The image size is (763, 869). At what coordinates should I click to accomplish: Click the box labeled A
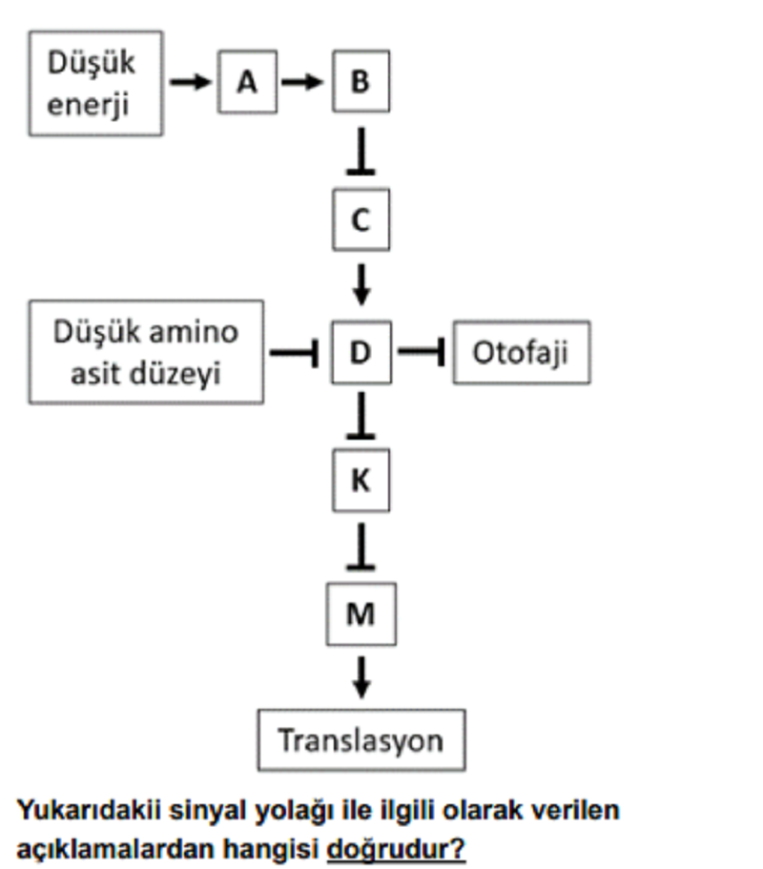click(248, 81)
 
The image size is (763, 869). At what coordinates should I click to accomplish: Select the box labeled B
click(361, 81)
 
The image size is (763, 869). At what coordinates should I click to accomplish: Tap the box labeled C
click(361, 219)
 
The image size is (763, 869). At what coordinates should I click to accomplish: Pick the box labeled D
click(361, 352)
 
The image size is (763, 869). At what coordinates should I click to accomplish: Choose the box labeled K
click(361, 480)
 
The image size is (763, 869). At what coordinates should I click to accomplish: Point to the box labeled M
click(361, 613)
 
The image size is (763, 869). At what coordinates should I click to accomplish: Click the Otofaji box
click(522, 352)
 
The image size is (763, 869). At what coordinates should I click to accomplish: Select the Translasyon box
click(361, 740)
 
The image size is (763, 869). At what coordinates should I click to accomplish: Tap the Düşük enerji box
click(96, 83)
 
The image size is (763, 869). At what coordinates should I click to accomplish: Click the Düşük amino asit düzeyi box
click(146, 352)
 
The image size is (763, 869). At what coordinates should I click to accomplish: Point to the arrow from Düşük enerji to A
click(190, 82)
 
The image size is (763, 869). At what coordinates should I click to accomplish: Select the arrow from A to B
click(302, 82)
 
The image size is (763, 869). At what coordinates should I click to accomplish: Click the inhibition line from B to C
click(361, 151)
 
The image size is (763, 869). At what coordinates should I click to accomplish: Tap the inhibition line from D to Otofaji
click(422, 351)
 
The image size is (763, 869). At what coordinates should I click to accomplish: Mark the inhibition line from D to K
click(361, 415)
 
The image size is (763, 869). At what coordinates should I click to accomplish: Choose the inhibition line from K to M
click(361, 547)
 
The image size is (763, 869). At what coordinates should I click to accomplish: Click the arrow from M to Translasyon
click(361, 677)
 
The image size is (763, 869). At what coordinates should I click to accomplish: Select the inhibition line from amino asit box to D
click(294, 352)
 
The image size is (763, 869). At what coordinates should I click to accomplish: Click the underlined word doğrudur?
click(396, 849)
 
